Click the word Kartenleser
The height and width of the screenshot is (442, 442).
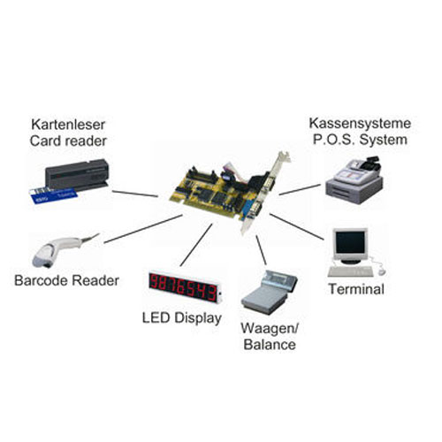68,125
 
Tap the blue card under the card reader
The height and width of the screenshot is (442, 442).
53,195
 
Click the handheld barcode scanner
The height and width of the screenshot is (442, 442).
64,250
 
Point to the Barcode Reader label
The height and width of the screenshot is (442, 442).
66,280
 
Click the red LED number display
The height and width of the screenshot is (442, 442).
185,286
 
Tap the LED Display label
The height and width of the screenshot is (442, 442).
182,318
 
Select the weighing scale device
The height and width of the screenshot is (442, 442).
269,292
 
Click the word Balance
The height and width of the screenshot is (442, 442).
270,345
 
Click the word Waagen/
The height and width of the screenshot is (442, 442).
270,328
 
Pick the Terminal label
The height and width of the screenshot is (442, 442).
356,289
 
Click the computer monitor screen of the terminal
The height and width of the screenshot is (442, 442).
350,242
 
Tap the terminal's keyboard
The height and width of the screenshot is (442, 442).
351,271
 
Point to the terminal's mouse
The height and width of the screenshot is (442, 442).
382,271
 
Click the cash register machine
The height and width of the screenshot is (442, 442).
354,180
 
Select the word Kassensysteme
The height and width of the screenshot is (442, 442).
360,123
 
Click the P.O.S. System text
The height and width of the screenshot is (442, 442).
360,140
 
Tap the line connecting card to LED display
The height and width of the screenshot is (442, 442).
196,245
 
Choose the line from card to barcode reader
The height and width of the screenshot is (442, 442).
143,229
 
